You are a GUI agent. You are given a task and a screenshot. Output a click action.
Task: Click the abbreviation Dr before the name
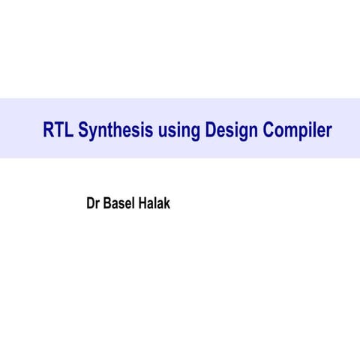click(94, 203)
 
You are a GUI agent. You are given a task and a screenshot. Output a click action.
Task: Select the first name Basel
click(124, 203)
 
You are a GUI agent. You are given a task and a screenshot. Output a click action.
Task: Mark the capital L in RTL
click(69, 131)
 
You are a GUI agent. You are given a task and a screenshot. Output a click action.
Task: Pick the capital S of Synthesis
click(83, 131)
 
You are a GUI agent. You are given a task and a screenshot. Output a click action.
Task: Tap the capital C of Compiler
click(269, 131)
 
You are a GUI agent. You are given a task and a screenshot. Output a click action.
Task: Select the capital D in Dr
click(91, 203)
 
